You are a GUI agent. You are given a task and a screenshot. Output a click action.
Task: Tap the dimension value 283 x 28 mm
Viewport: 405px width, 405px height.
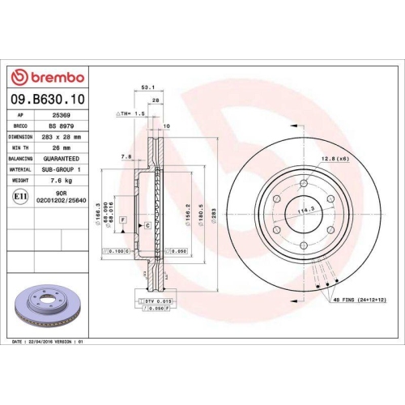pos(61,138)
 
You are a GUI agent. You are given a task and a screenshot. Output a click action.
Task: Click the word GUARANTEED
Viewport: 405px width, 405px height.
pos(61,160)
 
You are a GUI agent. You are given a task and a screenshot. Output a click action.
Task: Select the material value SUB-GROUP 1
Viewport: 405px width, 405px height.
pos(61,170)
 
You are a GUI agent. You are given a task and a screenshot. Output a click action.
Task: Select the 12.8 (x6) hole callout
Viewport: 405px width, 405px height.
pos(334,158)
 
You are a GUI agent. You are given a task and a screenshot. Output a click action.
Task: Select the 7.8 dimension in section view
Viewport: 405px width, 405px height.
pos(126,156)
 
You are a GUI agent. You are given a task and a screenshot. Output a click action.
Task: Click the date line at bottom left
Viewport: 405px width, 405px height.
pos(49,343)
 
